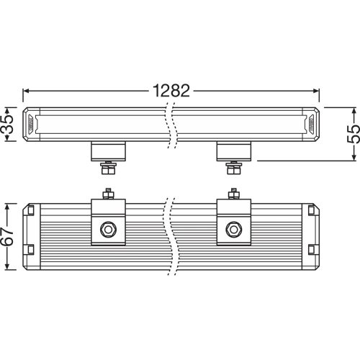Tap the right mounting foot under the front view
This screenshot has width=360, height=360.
(x=234, y=151)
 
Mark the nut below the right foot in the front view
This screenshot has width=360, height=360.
(x=233, y=170)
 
